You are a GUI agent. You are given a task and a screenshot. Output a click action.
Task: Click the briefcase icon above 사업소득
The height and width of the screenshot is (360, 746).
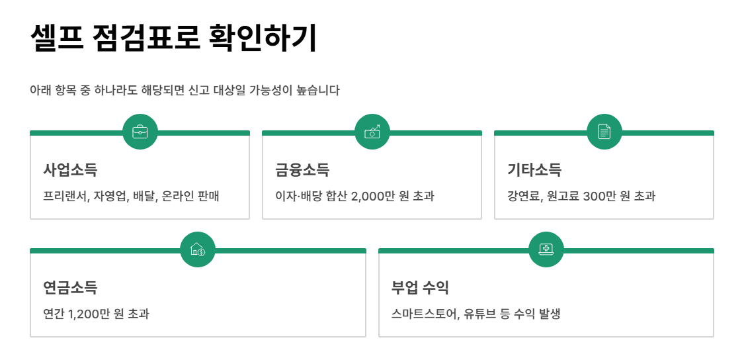[x=140, y=132]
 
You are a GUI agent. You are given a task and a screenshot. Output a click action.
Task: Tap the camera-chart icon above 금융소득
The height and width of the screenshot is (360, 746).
[x=372, y=132]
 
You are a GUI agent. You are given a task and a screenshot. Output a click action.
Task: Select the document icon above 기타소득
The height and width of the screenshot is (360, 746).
[x=604, y=132]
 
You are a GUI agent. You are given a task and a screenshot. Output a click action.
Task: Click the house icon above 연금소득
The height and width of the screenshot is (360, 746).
[x=198, y=249]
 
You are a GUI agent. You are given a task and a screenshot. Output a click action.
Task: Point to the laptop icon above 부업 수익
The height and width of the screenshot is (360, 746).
[x=546, y=249]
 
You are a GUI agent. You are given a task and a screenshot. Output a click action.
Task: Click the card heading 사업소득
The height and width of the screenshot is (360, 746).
[x=70, y=170]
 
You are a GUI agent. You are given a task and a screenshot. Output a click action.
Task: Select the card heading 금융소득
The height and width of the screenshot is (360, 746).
[x=302, y=170]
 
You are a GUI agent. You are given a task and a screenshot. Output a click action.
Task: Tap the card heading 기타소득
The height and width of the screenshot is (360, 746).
[x=534, y=170]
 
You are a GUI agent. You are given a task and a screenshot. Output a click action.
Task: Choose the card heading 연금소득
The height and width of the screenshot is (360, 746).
[x=70, y=288]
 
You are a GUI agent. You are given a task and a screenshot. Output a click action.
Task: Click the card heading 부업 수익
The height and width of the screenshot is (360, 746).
[x=421, y=288]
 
